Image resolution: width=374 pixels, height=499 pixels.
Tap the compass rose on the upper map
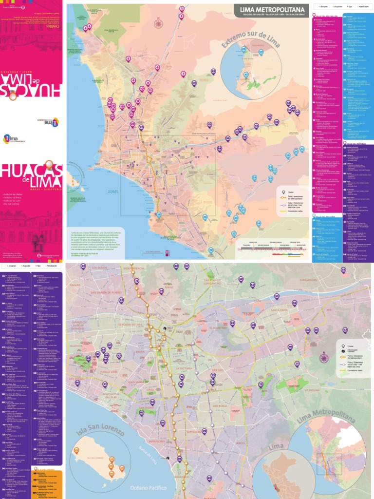point(158,23)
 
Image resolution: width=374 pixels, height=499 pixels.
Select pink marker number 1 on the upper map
point(182,9)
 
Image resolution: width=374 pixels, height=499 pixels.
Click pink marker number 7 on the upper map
point(183,74)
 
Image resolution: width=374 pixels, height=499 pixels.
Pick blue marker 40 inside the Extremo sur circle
point(261,52)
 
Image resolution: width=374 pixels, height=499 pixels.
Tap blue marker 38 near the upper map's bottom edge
point(211,250)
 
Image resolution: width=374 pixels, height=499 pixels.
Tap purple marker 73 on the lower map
point(261,384)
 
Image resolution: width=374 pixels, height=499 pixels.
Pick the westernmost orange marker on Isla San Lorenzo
point(76,450)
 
